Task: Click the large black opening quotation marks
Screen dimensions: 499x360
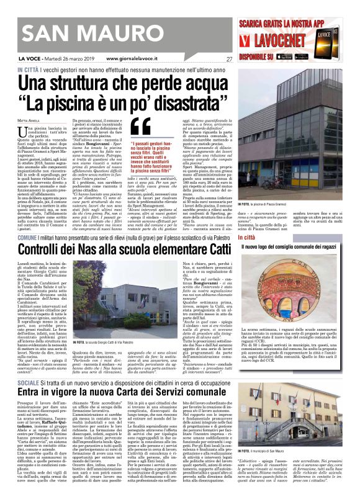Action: click(x=142, y=127)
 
